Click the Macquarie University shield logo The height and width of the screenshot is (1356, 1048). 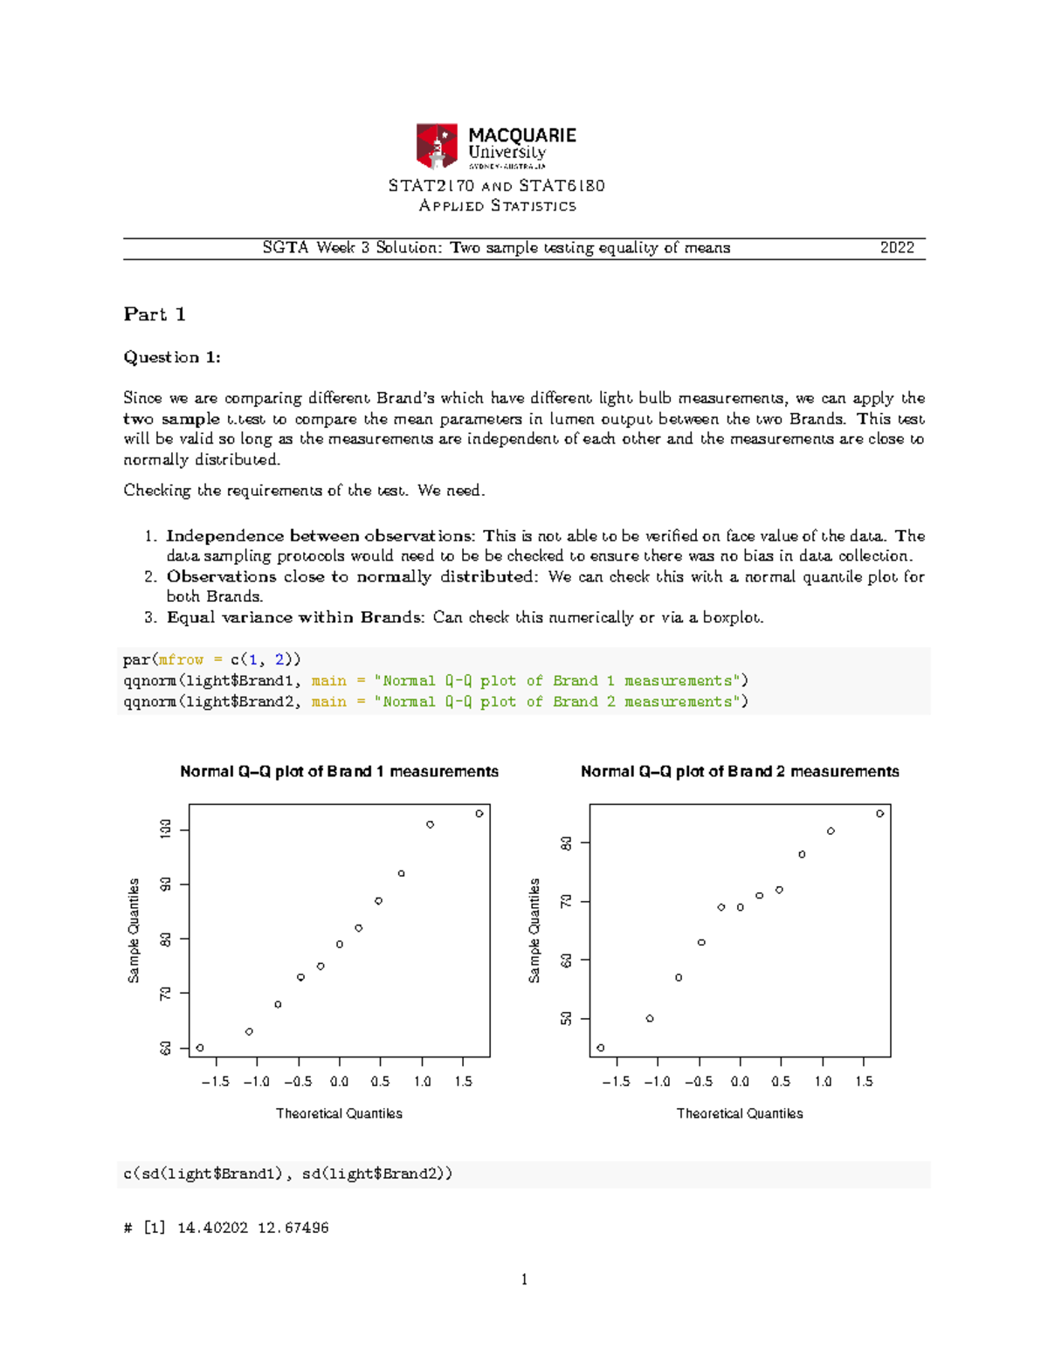(437, 146)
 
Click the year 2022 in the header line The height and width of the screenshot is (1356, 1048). (897, 248)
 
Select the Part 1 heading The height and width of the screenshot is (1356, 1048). (155, 314)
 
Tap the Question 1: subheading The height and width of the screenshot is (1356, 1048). (172, 357)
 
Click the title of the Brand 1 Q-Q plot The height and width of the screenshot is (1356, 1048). (339, 772)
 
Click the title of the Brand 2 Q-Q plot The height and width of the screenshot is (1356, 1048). (740, 772)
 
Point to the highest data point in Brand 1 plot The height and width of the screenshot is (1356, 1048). (479, 814)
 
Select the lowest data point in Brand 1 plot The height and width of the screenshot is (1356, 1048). (200, 1048)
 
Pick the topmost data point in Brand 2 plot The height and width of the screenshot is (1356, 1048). (880, 814)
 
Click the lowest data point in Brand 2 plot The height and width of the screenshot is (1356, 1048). (601, 1048)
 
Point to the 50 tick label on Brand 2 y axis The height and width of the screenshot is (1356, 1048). (567, 1019)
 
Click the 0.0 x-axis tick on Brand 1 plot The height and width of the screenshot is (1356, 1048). (339, 1082)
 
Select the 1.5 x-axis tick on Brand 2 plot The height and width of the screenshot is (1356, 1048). (864, 1082)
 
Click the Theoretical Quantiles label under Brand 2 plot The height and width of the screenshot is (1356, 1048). (740, 1113)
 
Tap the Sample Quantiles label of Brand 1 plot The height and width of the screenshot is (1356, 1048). (134, 931)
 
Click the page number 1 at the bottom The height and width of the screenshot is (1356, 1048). (524, 1280)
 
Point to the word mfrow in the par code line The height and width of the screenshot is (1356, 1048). (181, 660)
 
